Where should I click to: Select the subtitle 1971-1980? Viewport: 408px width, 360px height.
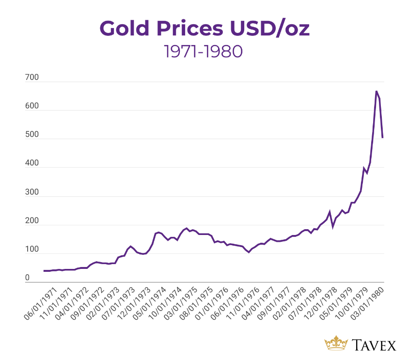click(203, 51)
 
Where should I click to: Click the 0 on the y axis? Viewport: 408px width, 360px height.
click(28, 278)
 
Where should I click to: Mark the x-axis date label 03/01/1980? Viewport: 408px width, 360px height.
click(371, 304)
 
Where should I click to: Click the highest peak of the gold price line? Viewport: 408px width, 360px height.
click(376, 91)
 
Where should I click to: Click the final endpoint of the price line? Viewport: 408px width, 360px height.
click(383, 138)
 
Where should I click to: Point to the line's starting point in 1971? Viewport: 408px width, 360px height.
click(44, 271)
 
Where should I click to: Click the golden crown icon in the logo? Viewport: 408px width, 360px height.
click(336, 343)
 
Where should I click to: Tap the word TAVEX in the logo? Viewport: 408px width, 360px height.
click(374, 344)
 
